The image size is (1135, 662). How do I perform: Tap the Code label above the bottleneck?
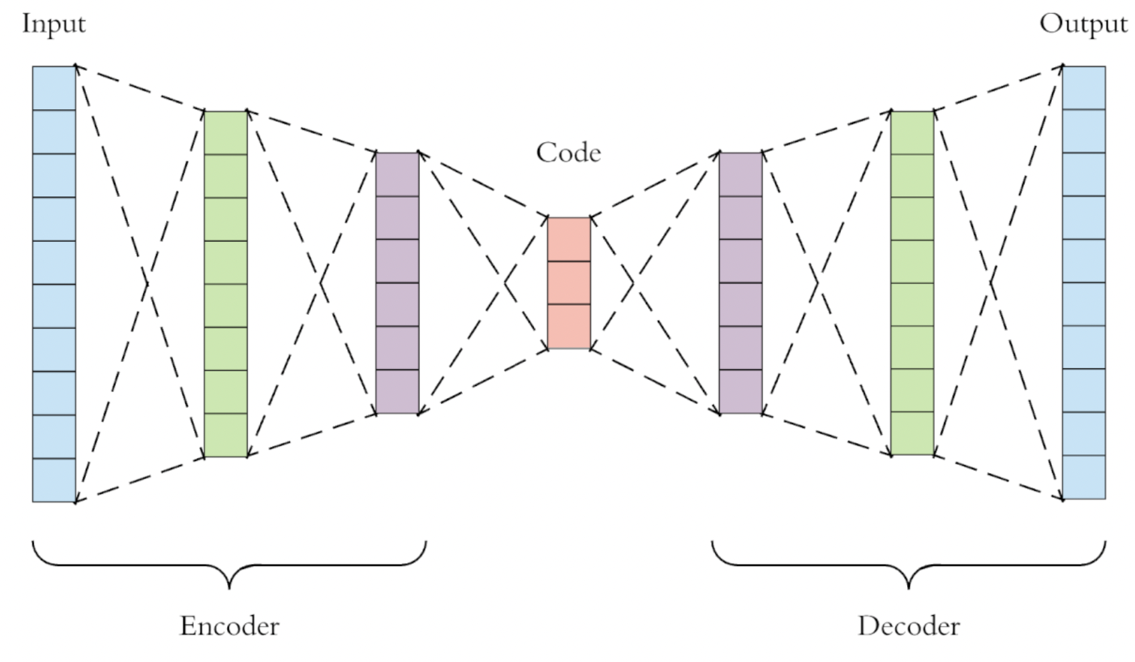(x=568, y=153)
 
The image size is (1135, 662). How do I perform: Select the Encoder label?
(x=229, y=626)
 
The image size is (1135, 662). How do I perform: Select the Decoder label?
(x=909, y=626)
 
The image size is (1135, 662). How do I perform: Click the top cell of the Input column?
(x=54, y=88)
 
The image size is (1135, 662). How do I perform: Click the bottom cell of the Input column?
(x=54, y=480)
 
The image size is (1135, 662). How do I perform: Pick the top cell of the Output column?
(x=1084, y=88)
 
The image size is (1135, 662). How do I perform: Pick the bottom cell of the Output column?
(x=1084, y=477)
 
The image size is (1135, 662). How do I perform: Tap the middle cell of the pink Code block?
(x=569, y=283)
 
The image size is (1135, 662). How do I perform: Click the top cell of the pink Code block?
(x=569, y=239)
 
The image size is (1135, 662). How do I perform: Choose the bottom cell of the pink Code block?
(x=569, y=326)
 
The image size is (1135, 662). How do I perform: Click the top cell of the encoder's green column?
(x=226, y=133)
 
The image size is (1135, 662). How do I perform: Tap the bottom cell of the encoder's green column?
(x=226, y=436)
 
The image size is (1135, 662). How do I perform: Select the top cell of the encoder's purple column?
(x=397, y=174)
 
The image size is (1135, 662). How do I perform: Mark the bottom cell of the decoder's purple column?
(x=740, y=391)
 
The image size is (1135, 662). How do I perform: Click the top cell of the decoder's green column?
(x=912, y=133)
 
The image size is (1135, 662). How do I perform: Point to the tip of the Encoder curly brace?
(x=229, y=588)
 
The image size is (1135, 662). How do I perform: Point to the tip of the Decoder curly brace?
(x=909, y=588)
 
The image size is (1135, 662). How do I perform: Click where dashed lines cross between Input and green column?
(x=147, y=284)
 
